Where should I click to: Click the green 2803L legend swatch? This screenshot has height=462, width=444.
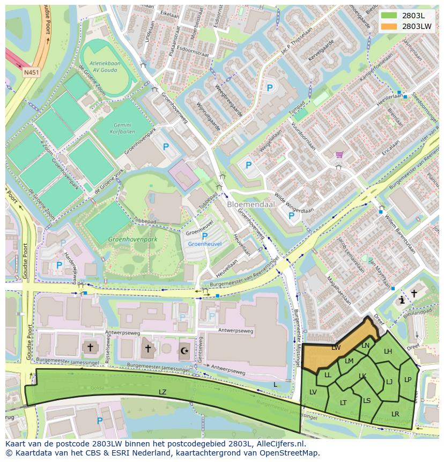pos(389,16)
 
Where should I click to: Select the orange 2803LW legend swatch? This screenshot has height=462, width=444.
pos(389,26)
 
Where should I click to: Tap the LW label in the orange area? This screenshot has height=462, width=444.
pos(336,348)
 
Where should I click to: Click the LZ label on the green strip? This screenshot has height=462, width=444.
pos(162,392)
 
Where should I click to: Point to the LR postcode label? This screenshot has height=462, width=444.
pos(395,414)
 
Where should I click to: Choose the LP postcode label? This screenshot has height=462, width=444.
pos(408,379)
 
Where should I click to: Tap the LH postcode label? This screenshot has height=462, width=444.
pos(388,351)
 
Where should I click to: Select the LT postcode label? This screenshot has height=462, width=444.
pos(343,402)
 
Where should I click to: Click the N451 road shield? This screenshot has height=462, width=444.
pos(31,71)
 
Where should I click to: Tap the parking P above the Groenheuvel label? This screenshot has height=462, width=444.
pos(204,236)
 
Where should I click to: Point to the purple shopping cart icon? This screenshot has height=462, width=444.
pos(339,155)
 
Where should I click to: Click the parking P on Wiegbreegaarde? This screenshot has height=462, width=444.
pos(270,87)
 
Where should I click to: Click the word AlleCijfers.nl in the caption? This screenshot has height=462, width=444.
pos(280,444)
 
